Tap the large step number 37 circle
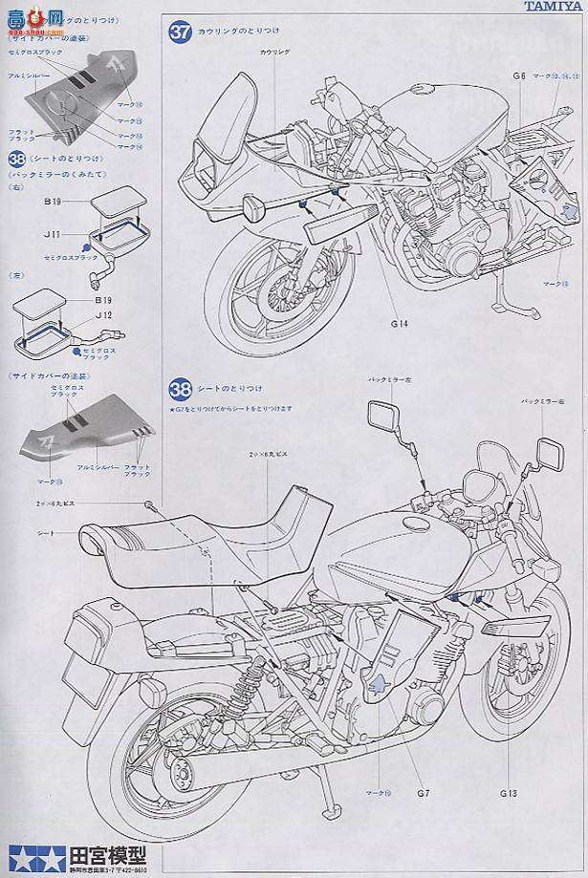[x=181, y=32]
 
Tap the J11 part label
[x=52, y=231]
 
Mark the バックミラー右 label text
[x=540, y=401]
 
